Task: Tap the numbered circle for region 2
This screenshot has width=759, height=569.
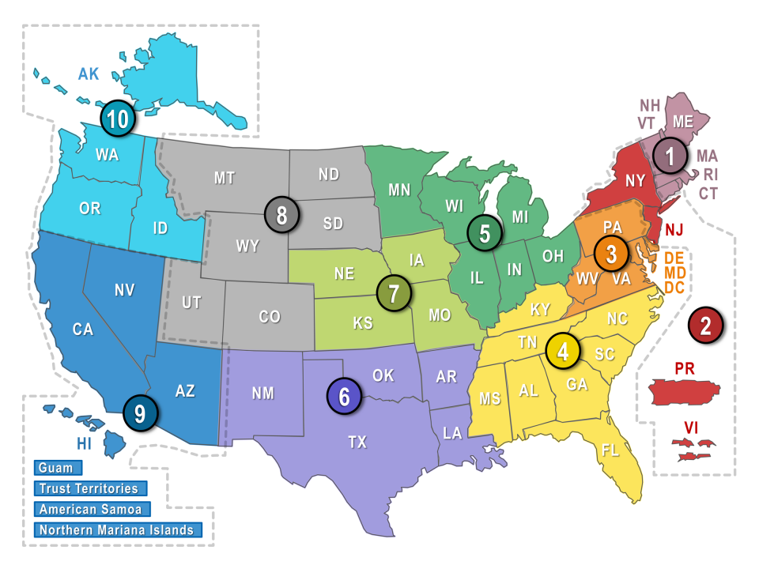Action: (705, 324)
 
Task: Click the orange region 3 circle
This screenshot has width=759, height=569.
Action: (611, 254)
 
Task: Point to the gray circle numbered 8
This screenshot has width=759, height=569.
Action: (282, 213)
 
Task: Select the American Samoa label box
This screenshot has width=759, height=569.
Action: (90, 510)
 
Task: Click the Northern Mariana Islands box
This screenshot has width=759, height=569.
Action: (117, 530)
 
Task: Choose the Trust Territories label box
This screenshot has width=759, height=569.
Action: (89, 489)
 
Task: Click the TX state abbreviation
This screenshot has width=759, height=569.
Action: (357, 443)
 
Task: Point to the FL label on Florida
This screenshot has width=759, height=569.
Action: (610, 450)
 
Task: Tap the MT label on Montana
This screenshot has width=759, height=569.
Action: (225, 178)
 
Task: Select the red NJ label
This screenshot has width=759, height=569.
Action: (674, 230)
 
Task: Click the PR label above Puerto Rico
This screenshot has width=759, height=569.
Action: (684, 368)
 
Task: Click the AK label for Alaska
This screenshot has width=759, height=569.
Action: (89, 74)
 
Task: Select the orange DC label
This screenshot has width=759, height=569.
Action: (674, 288)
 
